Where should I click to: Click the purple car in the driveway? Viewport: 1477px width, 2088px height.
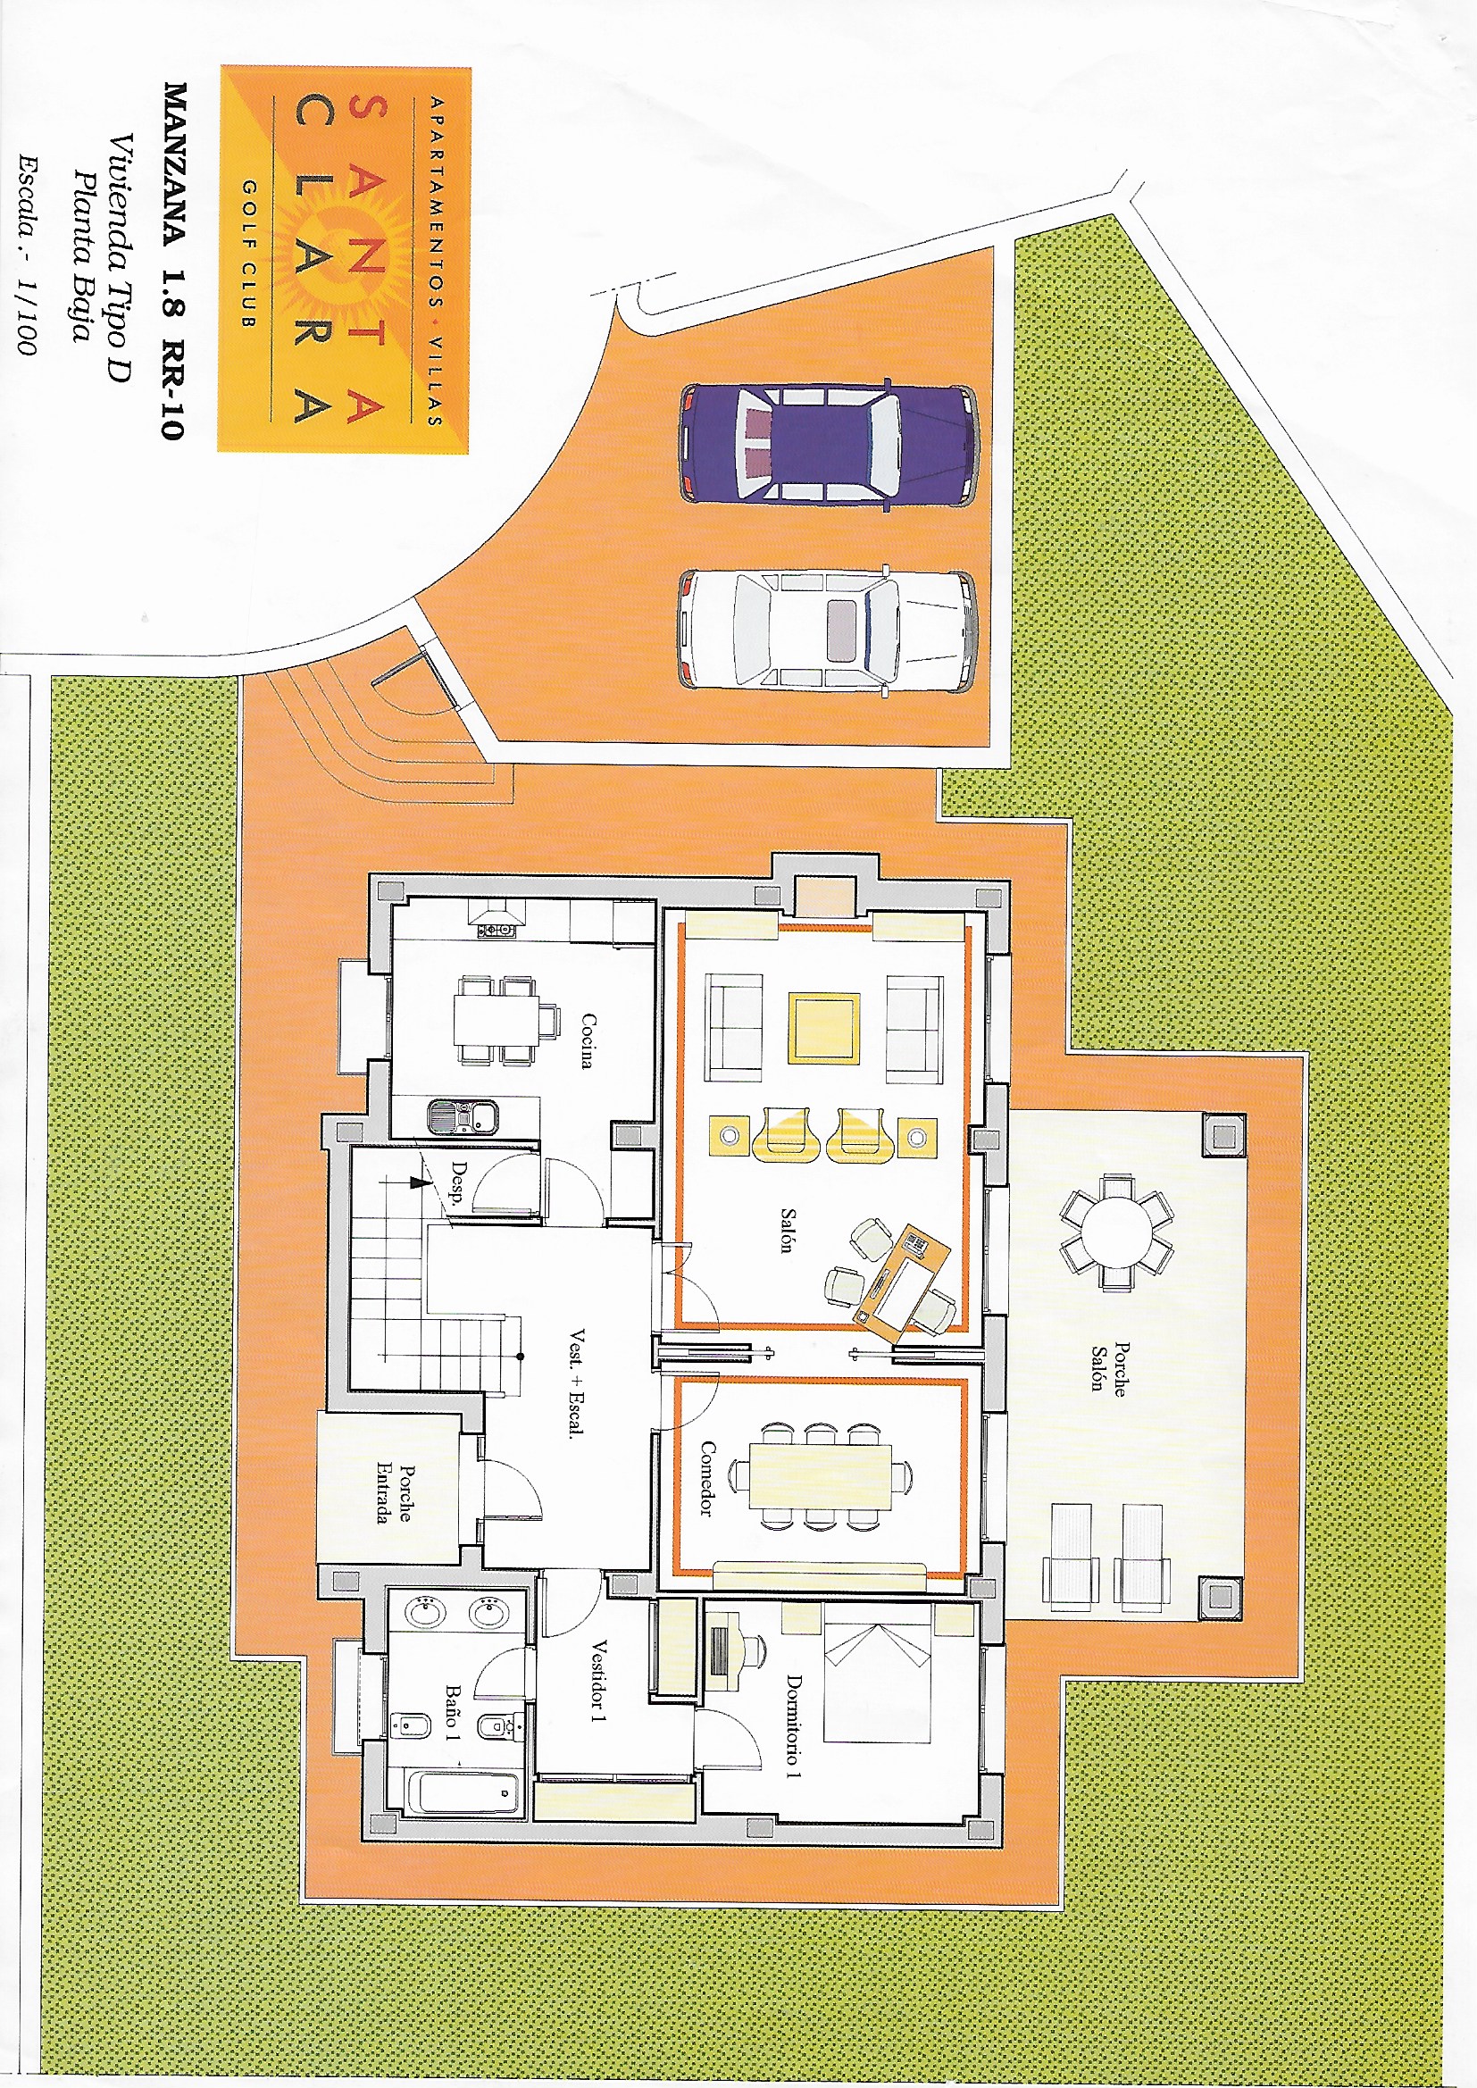coord(829,443)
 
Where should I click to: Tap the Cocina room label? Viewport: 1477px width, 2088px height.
coord(588,1040)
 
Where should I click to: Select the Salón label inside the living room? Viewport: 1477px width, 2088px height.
coord(788,1231)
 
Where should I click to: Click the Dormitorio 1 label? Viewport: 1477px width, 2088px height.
coord(794,1725)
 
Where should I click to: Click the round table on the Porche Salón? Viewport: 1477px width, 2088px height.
coord(1116,1232)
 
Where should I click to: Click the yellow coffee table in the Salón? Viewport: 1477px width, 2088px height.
coord(823,1029)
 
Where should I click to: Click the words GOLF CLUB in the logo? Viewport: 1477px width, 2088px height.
coord(249,253)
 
